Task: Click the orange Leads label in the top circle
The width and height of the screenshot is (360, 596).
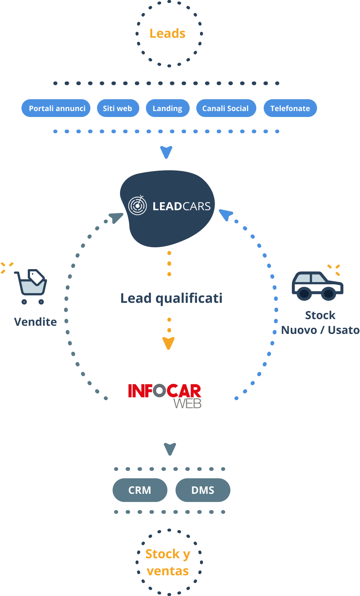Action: [x=167, y=34]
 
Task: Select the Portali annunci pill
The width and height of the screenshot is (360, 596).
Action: [x=56, y=108]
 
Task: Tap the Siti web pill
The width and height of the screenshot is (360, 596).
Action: [x=118, y=108]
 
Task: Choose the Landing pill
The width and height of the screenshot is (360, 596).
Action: [x=168, y=108]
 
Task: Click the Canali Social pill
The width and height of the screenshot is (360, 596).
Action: [x=226, y=108]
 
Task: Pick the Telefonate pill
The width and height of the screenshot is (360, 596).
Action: [x=290, y=108]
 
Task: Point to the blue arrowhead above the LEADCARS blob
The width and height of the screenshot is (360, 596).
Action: [x=166, y=152]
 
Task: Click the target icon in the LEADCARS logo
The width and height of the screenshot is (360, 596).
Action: [x=137, y=205]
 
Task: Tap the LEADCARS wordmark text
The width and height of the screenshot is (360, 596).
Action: [x=181, y=207]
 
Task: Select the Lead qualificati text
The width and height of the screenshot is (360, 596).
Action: [x=171, y=298]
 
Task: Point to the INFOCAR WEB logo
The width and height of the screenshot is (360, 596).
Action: [x=164, y=396]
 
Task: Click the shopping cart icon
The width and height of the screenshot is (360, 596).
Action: [x=31, y=287]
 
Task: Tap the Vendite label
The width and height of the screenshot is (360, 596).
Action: [x=36, y=322]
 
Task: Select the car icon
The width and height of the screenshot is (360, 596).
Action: [x=317, y=286]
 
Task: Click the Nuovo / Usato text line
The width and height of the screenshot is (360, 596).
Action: [x=320, y=330]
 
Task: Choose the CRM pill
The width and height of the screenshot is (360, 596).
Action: [x=140, y=490]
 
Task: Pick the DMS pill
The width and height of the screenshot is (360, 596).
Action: [x=203, y=490]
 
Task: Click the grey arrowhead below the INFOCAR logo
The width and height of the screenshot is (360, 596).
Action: [x=170, y=449]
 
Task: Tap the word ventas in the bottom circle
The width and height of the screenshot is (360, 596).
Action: [x=168, y=571]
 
